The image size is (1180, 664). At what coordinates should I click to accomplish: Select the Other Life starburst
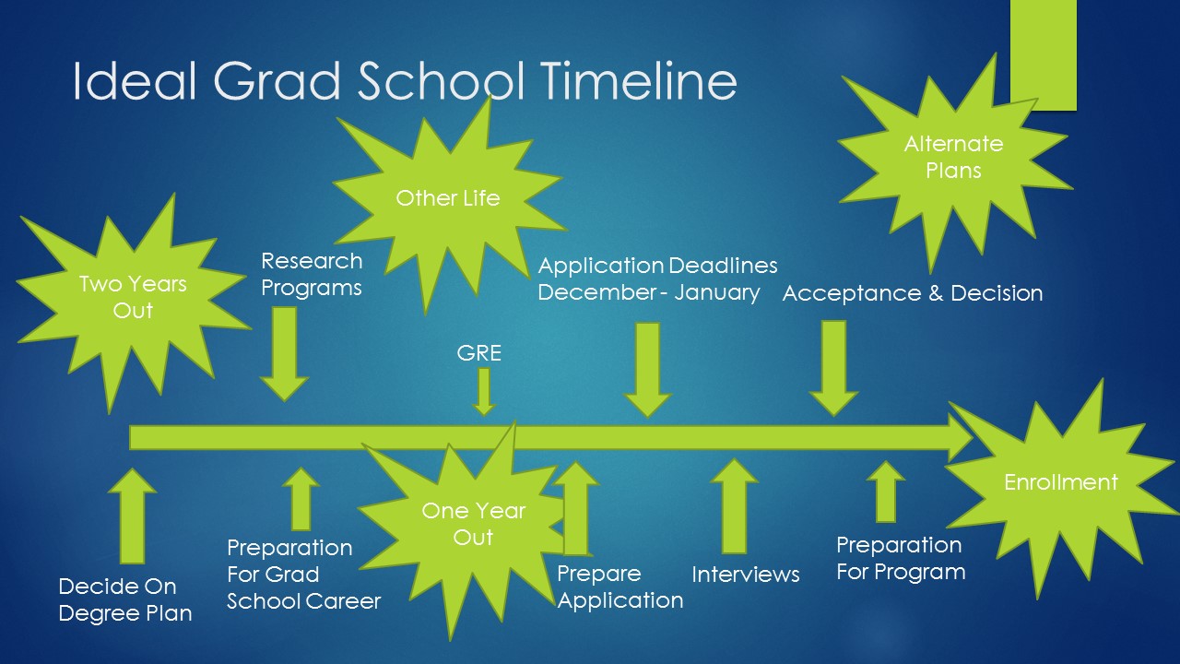448,203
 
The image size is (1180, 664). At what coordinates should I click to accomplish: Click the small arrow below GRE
484,392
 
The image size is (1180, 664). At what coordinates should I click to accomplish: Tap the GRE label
478,353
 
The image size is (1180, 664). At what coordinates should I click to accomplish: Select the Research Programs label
312,275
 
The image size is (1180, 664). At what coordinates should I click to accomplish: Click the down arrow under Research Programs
285,354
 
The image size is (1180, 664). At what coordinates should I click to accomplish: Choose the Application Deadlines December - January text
657,279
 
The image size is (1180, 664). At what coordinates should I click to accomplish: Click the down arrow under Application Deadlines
647,370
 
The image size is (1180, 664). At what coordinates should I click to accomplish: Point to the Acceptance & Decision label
913,293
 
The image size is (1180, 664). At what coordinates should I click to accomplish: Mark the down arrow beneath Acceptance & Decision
834,368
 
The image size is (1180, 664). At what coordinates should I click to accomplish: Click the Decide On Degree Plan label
125,599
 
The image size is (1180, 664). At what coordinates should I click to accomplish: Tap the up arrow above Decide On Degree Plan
132,516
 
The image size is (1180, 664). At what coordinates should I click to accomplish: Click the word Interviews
746,575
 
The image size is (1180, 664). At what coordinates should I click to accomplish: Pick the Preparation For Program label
901,559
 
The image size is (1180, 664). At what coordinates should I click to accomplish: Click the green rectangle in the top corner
1044,55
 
